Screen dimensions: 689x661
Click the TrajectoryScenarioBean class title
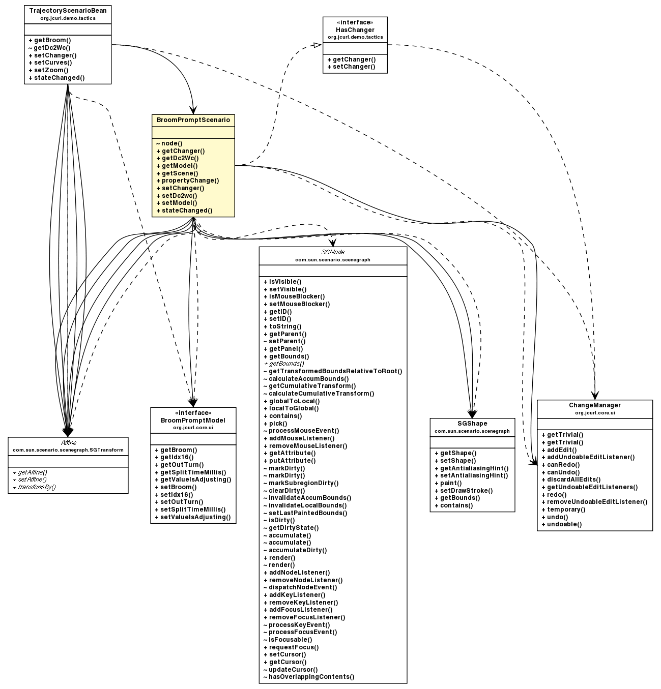coord(68,11)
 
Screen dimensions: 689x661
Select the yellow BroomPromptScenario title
coord(193,121)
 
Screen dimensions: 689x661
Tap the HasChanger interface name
coord(355,30)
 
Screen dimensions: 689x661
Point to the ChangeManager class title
coord(594,405)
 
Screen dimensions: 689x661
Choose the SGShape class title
coord(472,424)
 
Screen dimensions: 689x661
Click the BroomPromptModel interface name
coord(193,421)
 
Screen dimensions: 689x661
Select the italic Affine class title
coord(68,443)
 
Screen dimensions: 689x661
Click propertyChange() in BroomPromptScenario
coord(187,181)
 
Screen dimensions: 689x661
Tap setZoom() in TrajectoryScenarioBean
coord(48,70)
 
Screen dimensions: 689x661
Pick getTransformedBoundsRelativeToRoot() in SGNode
coord(333,371)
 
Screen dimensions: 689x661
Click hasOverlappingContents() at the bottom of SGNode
coord(309,677)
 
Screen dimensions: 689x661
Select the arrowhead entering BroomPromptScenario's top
coord(192,109)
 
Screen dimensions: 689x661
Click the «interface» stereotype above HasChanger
coord(355,22)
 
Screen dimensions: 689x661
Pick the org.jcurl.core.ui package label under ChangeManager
coord(594,413)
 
